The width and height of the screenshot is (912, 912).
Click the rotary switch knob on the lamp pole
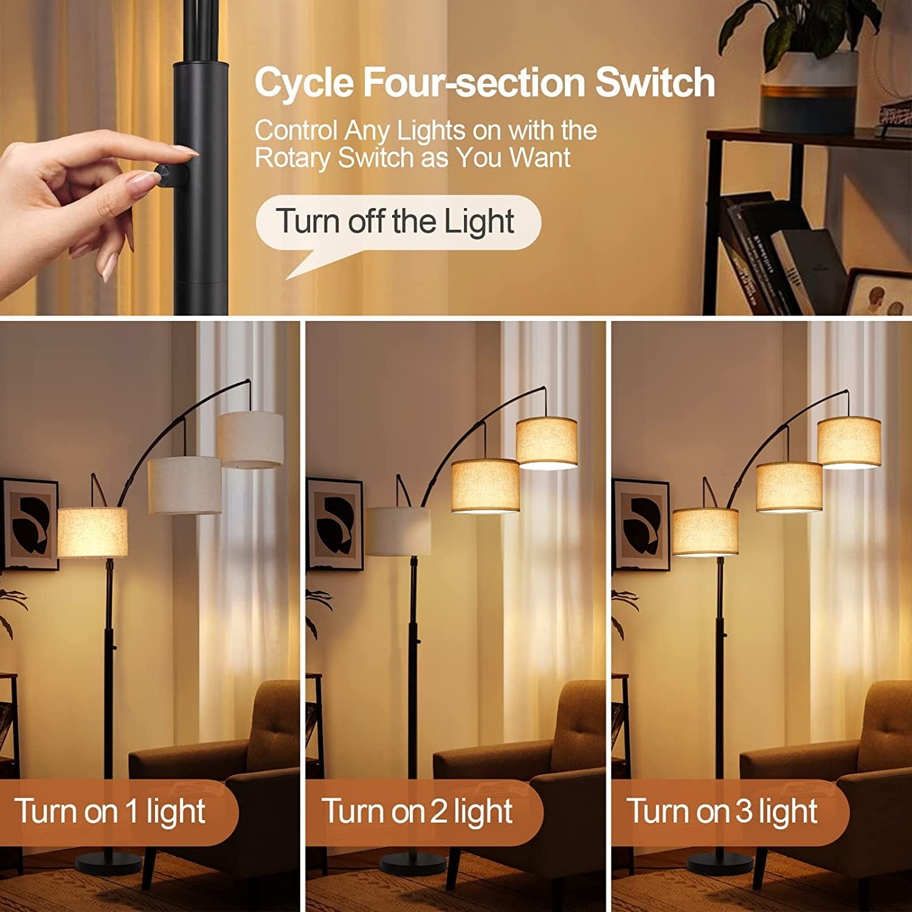(165, 173)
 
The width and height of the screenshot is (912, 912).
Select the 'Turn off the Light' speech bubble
(398, 222)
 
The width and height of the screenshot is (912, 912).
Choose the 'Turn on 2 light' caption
(417, 812)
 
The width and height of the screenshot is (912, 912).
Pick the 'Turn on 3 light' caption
(722, 812)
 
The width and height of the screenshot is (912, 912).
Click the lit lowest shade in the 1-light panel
(92, 533)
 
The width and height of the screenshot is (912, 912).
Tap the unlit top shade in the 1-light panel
(250, 440)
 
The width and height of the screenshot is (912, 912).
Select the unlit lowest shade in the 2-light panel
(398, 531)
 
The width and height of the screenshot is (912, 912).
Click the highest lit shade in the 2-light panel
(547, 442)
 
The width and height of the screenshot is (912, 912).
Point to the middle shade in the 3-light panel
(789, 486)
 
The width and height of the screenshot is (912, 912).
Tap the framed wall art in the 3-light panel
(640, 524)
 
